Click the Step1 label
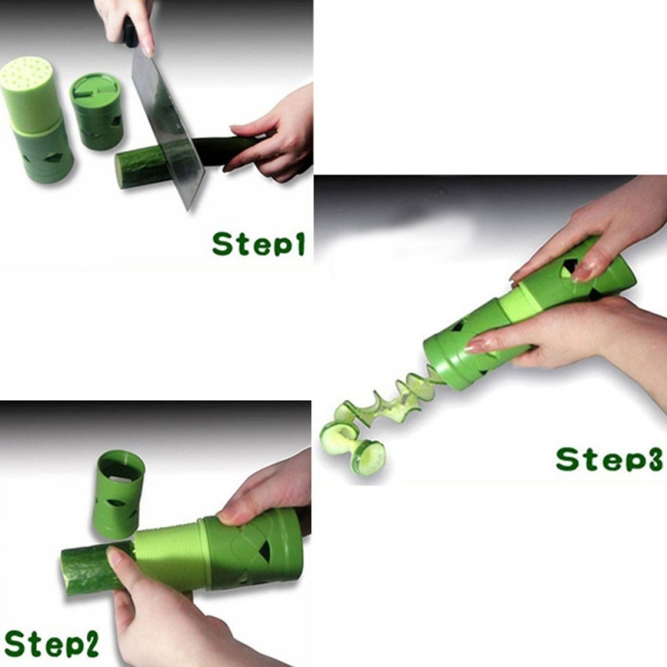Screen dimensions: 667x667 click(258, 243)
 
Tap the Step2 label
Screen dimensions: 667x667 click(51, 643)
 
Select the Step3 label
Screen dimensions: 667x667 click(609, 459)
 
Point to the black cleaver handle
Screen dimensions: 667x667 click(130, 32)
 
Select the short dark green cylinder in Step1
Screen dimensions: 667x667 click(96, 111)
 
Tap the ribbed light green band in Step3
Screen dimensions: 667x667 click(515, 303)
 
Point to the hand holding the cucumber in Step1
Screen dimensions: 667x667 click(273, 137)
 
